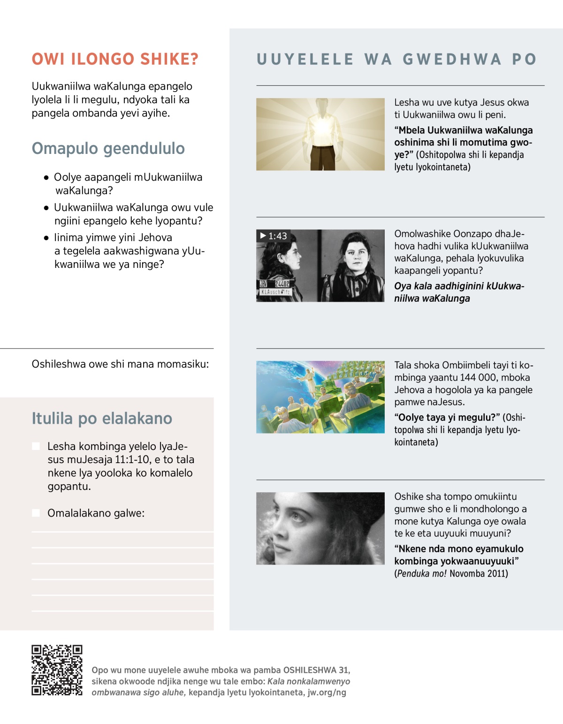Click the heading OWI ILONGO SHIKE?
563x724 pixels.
115,59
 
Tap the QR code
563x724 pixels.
57,670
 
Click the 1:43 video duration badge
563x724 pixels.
274,236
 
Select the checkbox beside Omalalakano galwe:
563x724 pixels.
36,513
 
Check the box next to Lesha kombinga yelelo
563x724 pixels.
36,446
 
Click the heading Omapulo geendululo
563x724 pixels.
108,148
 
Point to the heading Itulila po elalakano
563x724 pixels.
102,418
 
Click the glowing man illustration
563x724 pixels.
320,134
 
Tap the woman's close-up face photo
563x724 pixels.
320,528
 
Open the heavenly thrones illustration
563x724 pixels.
320,397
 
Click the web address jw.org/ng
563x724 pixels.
327,693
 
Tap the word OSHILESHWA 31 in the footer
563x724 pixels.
316,670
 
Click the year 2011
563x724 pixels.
497,573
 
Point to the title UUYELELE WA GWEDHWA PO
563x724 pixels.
396,59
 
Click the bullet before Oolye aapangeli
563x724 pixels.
46,178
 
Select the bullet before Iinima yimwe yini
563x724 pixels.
46,238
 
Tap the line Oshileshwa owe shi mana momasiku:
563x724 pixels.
120,364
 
